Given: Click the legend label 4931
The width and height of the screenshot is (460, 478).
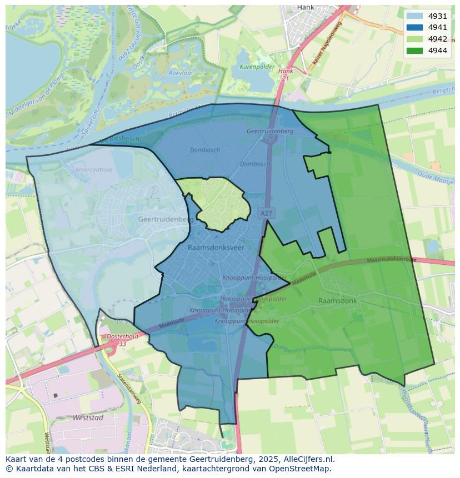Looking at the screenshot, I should pyautogui.click(x=437, y=17).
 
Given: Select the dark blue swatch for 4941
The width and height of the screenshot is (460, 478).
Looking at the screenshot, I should pyautogui.click(x=414, y=28).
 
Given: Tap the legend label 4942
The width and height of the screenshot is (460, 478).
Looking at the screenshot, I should pyautogui.click(x=437, y=39).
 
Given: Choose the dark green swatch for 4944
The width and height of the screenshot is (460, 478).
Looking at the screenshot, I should pyautogui.click(x=414, y=51).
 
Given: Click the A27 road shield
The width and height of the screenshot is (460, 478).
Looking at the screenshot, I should pyautogui.click(x=266, y=213).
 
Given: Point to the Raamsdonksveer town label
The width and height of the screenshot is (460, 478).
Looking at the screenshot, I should pyautogui.click(x=216, y=247).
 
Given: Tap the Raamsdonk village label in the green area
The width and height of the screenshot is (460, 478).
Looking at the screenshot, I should pyautogui.click(x=337, y=301).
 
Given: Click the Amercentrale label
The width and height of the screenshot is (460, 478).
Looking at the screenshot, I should pyautogui.click(x=93, y=170).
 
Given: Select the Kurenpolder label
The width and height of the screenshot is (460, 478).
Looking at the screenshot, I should pyautogui.click(x=257, y=67).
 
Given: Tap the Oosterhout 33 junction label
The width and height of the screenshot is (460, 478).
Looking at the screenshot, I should pyautogui.click(x=122, y=340).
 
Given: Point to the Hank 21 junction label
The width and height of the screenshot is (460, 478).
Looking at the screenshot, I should pyautogui.click(x=286, y=75).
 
